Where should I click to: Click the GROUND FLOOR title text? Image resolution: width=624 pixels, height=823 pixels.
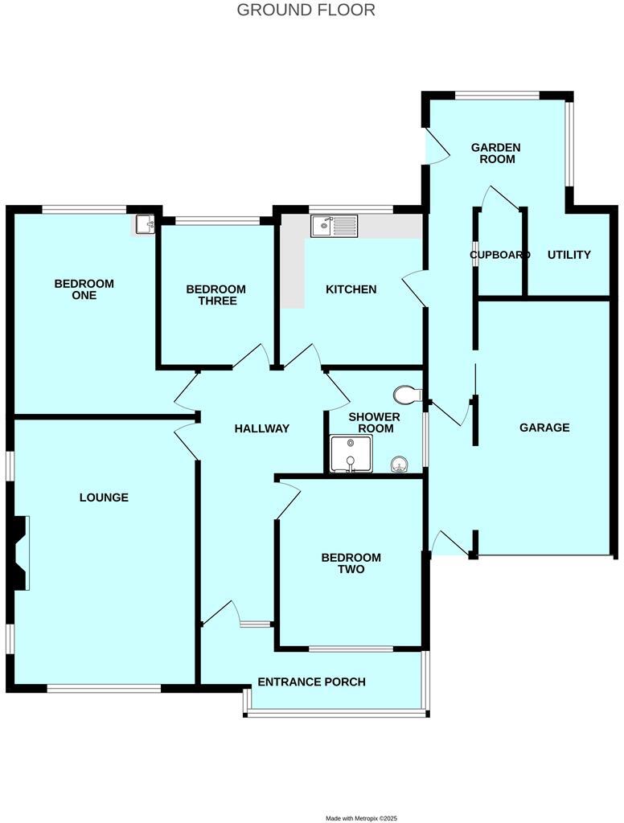pyautogui.click(x=306, y=10)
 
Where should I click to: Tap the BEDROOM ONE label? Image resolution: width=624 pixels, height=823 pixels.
pyautogui.click(x=84, y=289)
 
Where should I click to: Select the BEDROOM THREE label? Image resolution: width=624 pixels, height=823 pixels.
pyautogui.click(x=216, y=295)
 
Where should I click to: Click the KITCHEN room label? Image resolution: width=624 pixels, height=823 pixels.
pyautogui.click(x=351, y=289)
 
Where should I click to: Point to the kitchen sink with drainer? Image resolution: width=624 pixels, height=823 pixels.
pyautogui.click(x=334, y=226)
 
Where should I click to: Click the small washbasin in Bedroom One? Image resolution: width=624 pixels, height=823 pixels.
pyautogui.click(x=145, y=224)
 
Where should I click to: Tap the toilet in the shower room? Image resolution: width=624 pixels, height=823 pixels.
pyautogui.click(x=408, y=394)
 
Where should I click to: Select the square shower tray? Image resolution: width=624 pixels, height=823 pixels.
pyautogui.click(x=348, y=454)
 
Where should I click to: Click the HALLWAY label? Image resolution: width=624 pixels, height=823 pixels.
pyautogui.click(x=261, y=428)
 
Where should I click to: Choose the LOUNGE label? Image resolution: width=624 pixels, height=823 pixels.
pyautogui.click(x=104, y=497)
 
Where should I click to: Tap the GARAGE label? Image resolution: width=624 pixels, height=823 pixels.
pyautogui.click(x=544, y=428)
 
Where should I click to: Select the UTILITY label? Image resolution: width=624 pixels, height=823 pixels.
pyautogui.click(x=569, y=255)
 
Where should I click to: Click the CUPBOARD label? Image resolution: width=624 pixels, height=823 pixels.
pyautogui.click(x=499, y=255)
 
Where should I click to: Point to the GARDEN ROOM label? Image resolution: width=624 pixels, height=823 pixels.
pyautogui.click(x=495, y=153)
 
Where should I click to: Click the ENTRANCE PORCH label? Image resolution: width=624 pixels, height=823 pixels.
pyautogui.click(x=311, y=682)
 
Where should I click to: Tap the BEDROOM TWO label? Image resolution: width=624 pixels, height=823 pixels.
pyautogui.click(x=351, y=563)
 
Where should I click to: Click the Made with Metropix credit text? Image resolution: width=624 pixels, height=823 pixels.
pyautogui.click(x=361, y=817)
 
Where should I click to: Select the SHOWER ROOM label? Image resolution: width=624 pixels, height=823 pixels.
pyautogui.click(x=375, y=423)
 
